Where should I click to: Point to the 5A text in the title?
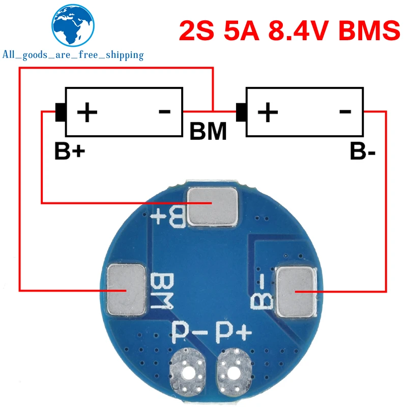tap(239, 30)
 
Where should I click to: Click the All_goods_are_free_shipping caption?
tap(73, 55)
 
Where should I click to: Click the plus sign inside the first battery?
tap(87, 111)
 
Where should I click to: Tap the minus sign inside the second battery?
tap(344, 110)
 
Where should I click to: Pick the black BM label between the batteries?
tap(208, 132)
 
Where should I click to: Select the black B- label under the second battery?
tap(362, 151)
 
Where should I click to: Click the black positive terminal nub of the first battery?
tap(60, 112)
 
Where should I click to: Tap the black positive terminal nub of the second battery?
tap(241, 112)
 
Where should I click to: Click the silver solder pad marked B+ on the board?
tap(213, 207)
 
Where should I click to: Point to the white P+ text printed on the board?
tap(234, 334)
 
